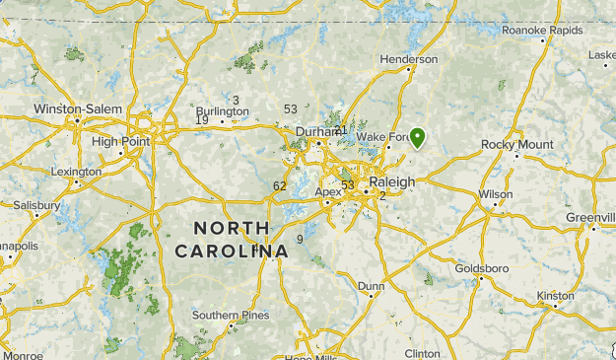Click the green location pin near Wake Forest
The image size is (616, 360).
(418, 138)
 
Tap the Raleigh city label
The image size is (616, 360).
(391, 182)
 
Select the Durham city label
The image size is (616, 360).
(316, 131)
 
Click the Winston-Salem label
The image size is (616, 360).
(78, 108)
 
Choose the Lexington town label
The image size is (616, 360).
(76, 172)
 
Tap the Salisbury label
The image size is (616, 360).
(36, 205)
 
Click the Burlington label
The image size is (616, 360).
(222, 111)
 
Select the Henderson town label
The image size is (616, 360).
(409, 59)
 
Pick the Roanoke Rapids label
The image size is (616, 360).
(542, 30)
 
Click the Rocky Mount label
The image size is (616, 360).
(516, 145)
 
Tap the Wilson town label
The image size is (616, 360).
(496, 194)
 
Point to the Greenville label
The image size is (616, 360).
(590, 217)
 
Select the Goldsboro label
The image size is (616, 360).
(481, 268)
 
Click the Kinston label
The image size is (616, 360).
(555, 295)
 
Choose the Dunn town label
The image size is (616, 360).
(372, 286)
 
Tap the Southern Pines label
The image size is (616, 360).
(230, 316)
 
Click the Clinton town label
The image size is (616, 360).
(422, 352)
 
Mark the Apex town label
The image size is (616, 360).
(328, 191)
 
